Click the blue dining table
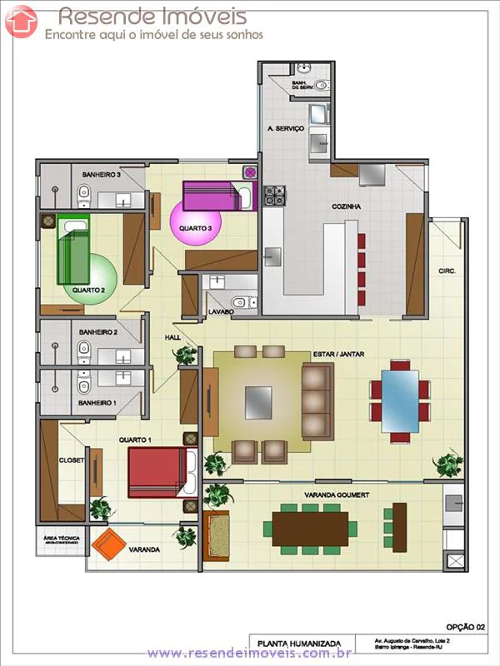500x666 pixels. pyautogui.click(x=400, y=400)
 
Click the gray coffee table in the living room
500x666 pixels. pyautogui.click(x=257, y=402)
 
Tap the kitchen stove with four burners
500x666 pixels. pyautogui.click(x=275, y=196)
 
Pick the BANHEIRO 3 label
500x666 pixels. pyautogui.click(x=101, y=175)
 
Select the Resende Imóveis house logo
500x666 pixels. pyautogui.click(x=21, y=22)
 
